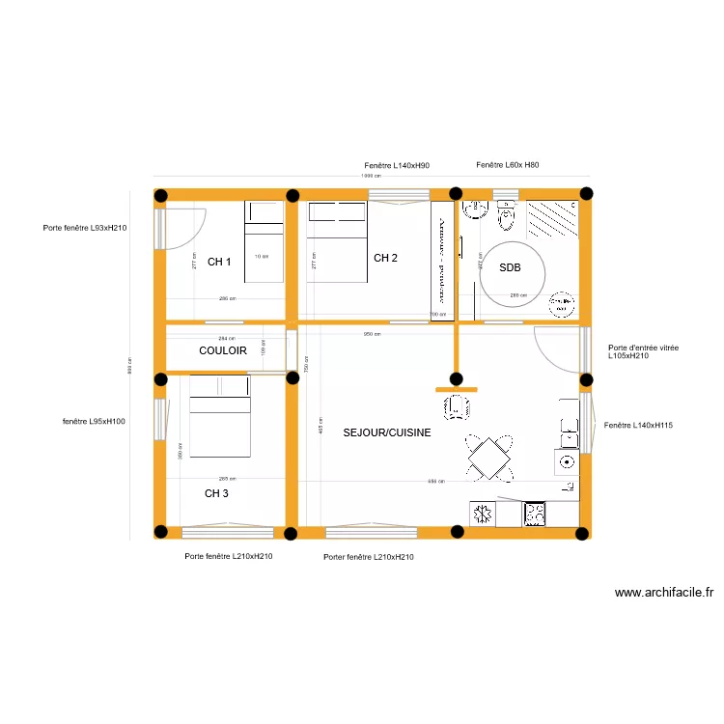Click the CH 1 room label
219,262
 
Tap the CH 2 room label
385,258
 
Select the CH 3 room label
216,493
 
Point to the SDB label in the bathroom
510,268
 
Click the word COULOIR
223,351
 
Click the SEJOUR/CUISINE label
386,433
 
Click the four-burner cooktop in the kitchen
534,514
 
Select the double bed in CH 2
336,241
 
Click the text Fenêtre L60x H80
508,166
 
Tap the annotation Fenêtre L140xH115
638,425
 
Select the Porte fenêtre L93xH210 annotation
85,228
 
